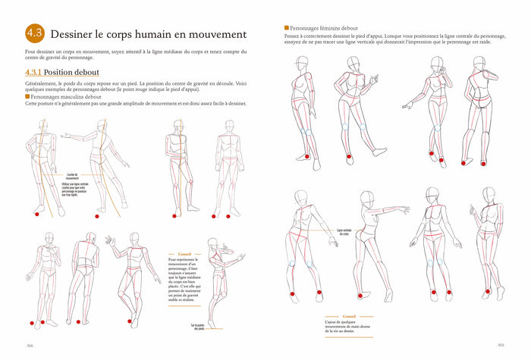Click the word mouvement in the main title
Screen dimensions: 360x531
tap(212, 34)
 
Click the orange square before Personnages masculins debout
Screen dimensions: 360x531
tap(27, 96)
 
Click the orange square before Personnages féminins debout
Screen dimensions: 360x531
tap(287, 28)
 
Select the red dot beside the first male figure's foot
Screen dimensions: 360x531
tap(36, 214)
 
